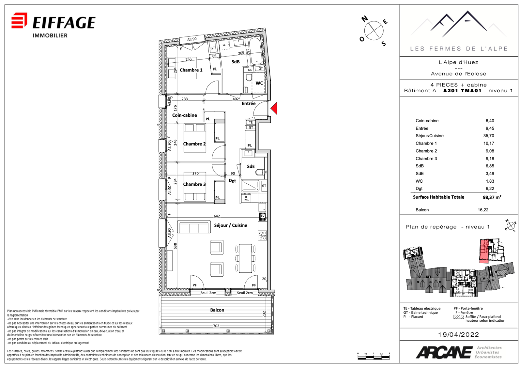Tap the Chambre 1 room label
pos(191,70)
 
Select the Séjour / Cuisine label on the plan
pos(230,225)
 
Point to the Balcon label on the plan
pos(217,310)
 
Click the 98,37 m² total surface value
pos(492,197)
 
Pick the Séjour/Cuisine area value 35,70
pos(488,136)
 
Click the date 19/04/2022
pos(458,334)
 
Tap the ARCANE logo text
pos(444,352)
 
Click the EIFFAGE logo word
pos(64,23)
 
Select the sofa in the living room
pos(193,228)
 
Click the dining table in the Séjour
pos(245,258)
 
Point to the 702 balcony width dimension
pos(216,326)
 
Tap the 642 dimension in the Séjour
pos(217,216)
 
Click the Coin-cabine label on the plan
pos(184,115)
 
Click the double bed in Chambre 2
pos(195,138)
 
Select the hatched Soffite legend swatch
pos(459,317)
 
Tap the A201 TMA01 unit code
pos(462,91)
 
